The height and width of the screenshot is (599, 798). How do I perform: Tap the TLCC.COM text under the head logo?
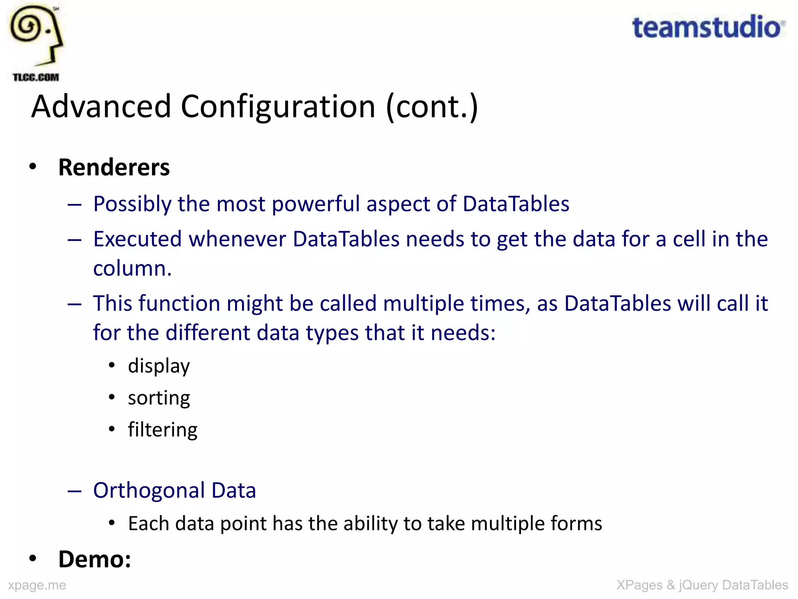tap(36, 77)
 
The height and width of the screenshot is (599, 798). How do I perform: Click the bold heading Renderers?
tap(114, 167)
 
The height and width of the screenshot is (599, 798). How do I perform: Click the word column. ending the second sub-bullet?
tap(132, 268)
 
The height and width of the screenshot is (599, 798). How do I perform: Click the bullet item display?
tap(159, 366)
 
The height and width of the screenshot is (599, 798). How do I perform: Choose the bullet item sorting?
tap(159, 398)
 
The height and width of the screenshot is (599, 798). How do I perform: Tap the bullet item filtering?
tap(162, 430)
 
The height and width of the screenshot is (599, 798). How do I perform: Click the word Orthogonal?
tap(149, 490)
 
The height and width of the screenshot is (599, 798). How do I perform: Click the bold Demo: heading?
tap(95, 559)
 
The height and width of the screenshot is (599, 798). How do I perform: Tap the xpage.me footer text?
tap(37, 585)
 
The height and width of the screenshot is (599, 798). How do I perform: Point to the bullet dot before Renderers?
tap(33, 167)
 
